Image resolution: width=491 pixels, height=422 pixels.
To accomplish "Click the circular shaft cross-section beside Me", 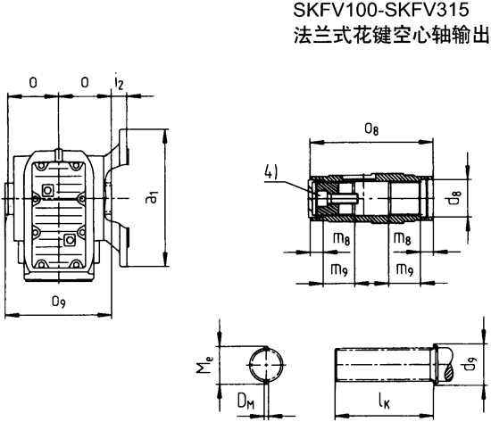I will click(268, 365).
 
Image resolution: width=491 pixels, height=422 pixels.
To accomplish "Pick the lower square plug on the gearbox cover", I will click(70, 239).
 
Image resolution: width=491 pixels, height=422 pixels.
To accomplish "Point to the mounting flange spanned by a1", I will click(124, 197).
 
